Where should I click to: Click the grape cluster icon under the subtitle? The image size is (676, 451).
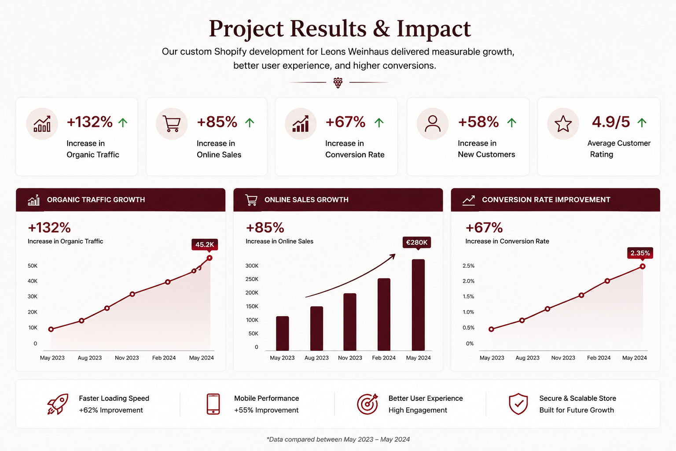(x=338, y=82)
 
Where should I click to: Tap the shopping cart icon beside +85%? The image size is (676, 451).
(x=172, y=124)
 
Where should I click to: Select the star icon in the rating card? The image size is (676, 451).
(x=563, y=124)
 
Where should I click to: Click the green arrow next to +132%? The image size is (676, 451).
(x=123, y=122)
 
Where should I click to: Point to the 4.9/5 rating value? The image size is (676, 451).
(x=611, y=122)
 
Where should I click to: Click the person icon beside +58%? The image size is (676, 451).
(x=433, y=124)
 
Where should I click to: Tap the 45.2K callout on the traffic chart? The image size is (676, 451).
(x=205, y=245)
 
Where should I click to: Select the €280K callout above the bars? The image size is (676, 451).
(x=417, y=243)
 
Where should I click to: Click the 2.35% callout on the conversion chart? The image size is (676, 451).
(x=640, y=253)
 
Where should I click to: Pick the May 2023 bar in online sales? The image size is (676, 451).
(x=283, y=333)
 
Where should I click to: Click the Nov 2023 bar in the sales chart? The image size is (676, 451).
(x=350, y=322)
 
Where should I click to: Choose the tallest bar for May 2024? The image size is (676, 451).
(x=418, y=305)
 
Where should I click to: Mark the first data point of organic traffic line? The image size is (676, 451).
(x=51, y=329)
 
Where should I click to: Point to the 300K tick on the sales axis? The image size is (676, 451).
(x=252, y=266)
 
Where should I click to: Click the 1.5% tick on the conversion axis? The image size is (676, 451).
(x=468, y=297)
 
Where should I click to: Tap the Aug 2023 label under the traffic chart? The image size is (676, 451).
(x=90, y=358)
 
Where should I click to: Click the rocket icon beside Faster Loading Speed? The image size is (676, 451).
(x=58, y=404)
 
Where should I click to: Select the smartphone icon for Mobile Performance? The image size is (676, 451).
(x=213, y=404)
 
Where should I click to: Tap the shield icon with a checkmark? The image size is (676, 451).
(x=518, y=404)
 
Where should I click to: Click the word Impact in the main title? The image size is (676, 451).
(x=434, y=29)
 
